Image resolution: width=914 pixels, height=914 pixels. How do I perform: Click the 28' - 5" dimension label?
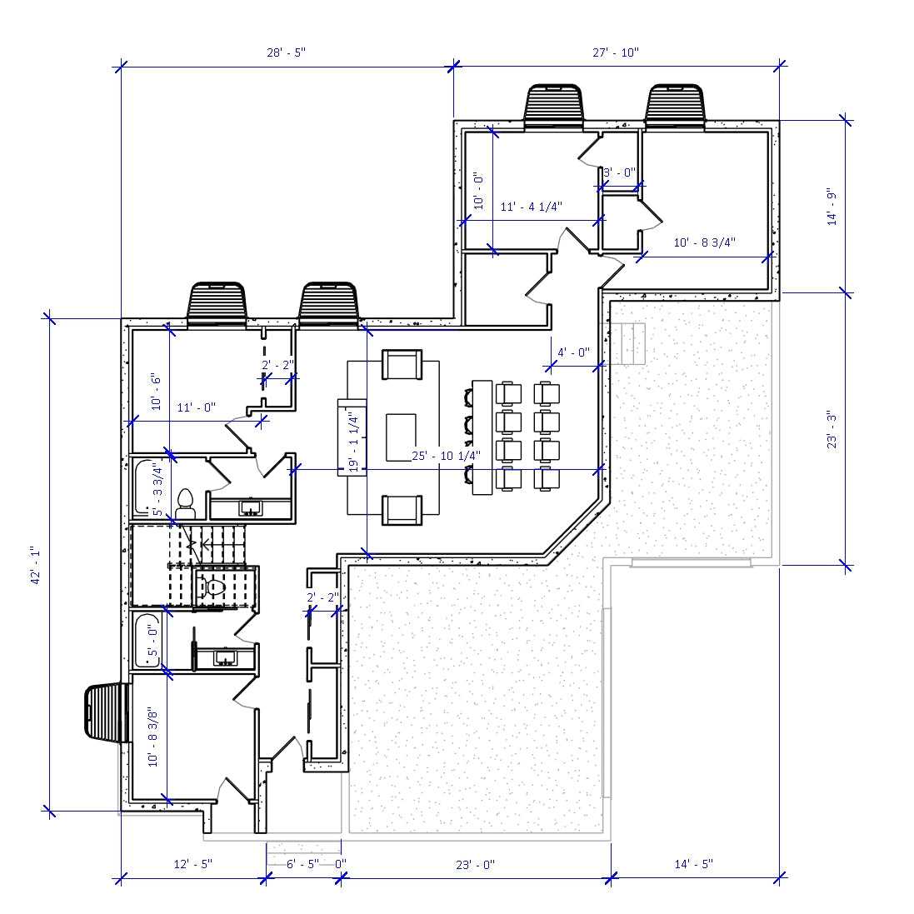click(286, 52)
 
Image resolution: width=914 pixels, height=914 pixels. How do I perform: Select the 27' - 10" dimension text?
click(616, 52)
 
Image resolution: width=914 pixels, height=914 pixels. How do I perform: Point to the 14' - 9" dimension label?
click(831, 207)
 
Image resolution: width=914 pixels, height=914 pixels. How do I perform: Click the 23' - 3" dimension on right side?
click(831, 429)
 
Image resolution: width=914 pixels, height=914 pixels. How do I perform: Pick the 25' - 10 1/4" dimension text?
click(447, 456)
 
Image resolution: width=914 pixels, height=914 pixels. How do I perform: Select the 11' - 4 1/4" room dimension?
click(532, 206)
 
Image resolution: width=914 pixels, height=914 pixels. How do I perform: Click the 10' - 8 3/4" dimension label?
click(705, 242)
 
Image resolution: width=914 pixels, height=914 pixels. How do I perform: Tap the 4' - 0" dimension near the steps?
click(573, 352)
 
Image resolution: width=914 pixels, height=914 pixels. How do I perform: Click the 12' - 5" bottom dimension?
click(193, 864)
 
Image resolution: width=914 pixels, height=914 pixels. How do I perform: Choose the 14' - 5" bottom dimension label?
click(693, 864)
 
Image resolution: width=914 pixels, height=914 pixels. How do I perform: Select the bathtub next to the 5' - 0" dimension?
click(147, 639)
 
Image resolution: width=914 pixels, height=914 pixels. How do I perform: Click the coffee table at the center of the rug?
click(401, 438)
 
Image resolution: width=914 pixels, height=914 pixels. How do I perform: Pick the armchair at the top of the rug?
click(401, 365)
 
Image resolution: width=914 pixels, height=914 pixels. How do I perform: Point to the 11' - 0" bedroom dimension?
click(196, 407)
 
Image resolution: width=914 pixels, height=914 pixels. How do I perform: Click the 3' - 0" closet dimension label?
click(619, 172)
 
